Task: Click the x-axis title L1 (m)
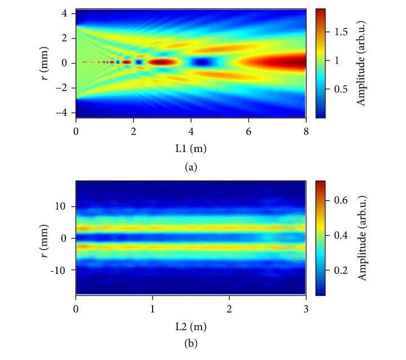pyautogui.click(x=190, y=148)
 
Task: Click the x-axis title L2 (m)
pyautogui.click(x=190, y=325)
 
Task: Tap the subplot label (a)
pyautogui.click(x=190, y=167)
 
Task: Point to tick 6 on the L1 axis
pyautogui.click(x=248, y=132)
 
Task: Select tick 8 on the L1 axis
pyautogui.click(x=306, y=132)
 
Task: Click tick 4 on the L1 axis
pyautogui.click(x=191, y=132)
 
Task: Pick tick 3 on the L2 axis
pyautogui.click(x=306, y=308)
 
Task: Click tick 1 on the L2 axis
pyautogui.click(x=153, y=308)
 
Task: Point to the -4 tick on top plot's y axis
pyautogui.click(x=64, y=112)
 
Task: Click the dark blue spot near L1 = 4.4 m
pyautogui.click(x=200, y=62)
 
